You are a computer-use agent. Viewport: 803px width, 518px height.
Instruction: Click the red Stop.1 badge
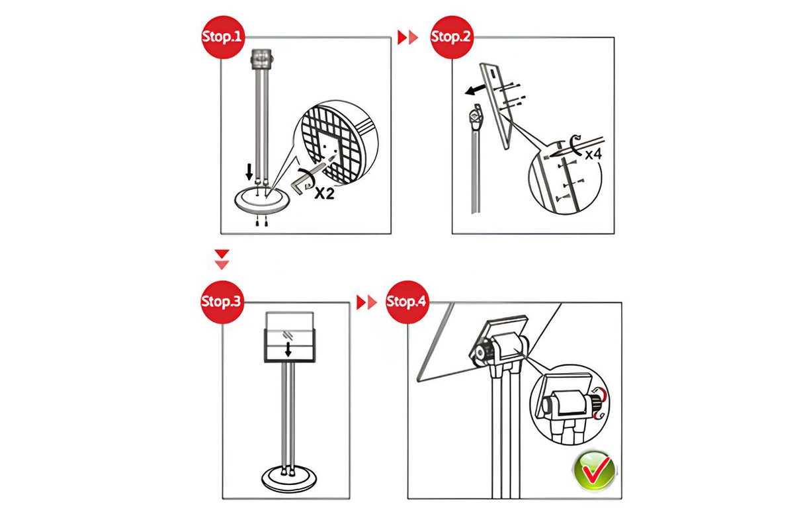(223, 37)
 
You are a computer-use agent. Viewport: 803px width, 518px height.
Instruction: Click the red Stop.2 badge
(452, 37)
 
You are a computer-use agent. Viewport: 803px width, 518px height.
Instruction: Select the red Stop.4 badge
(407, 302)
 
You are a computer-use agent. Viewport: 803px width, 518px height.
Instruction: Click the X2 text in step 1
(324, 194)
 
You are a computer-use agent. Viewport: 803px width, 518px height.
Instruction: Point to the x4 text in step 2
(593, 155)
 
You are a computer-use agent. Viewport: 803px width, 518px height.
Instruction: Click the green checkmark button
(595, 470)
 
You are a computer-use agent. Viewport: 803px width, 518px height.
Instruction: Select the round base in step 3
(289, 479)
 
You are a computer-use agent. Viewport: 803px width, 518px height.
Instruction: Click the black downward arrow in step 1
(249, 172)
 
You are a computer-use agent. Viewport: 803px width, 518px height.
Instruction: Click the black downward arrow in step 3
(288, 349)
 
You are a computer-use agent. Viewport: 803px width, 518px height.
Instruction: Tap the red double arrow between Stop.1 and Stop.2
(408, 37)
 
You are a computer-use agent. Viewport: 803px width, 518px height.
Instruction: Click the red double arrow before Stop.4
(366, 302)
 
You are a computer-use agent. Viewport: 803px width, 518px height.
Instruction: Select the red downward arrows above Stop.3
(222, 259)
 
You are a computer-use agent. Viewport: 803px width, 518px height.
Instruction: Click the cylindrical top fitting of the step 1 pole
(262, 59)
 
